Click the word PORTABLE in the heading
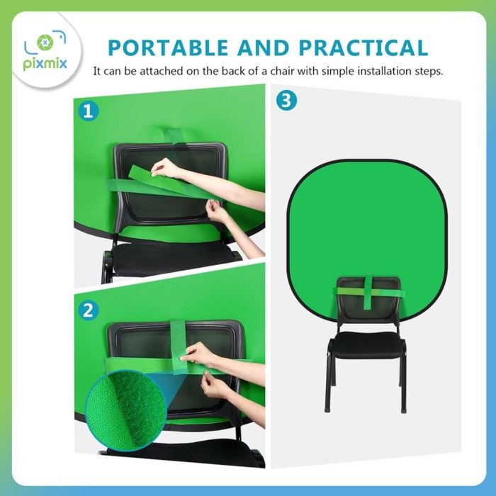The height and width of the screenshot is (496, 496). click(x=168, y=47)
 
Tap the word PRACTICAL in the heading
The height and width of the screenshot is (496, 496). click(x=363, y=47)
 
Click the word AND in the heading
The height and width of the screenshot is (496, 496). click(x=263, y=47)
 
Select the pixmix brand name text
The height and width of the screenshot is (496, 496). click(x=45, y=64)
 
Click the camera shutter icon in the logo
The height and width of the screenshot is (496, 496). click(x=45, y=43)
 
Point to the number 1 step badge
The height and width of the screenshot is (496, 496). click(x=89, y=111)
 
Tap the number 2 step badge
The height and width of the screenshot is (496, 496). click(x=89, y=310)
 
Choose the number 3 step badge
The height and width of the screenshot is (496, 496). click(x=286, y=101)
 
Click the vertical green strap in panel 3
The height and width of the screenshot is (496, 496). click(x=368, y=292)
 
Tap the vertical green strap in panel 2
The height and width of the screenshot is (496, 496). click(x=179, y=346)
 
